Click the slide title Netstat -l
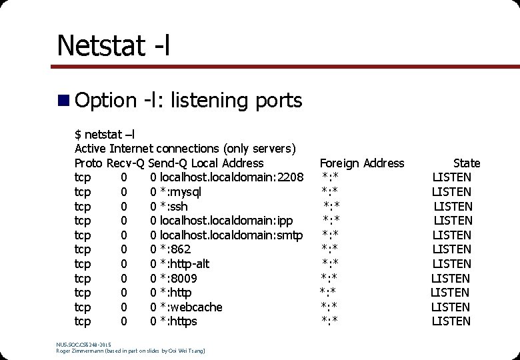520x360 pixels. click(113, 45)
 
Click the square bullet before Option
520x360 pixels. click(64, 101)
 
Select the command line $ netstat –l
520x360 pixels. click(105, 134)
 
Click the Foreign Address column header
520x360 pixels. click(362, 163)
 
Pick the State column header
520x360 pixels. click(467, 163)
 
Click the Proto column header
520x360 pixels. click(89, 163)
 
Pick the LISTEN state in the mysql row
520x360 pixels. click(452, 192)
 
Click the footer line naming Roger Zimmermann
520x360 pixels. click(131, 350)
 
